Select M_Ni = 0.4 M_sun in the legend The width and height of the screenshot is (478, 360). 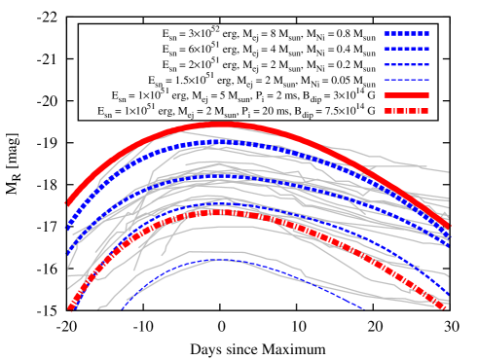tap(337, 49)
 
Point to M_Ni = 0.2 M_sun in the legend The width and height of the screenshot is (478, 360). tap(337, 65)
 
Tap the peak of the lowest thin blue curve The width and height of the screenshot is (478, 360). tap(222, 260)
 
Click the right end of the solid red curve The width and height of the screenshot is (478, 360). tap(449, 230)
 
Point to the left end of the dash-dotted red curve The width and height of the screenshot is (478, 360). tap(69, 310)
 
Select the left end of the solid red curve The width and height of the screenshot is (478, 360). tap(67, 203)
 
